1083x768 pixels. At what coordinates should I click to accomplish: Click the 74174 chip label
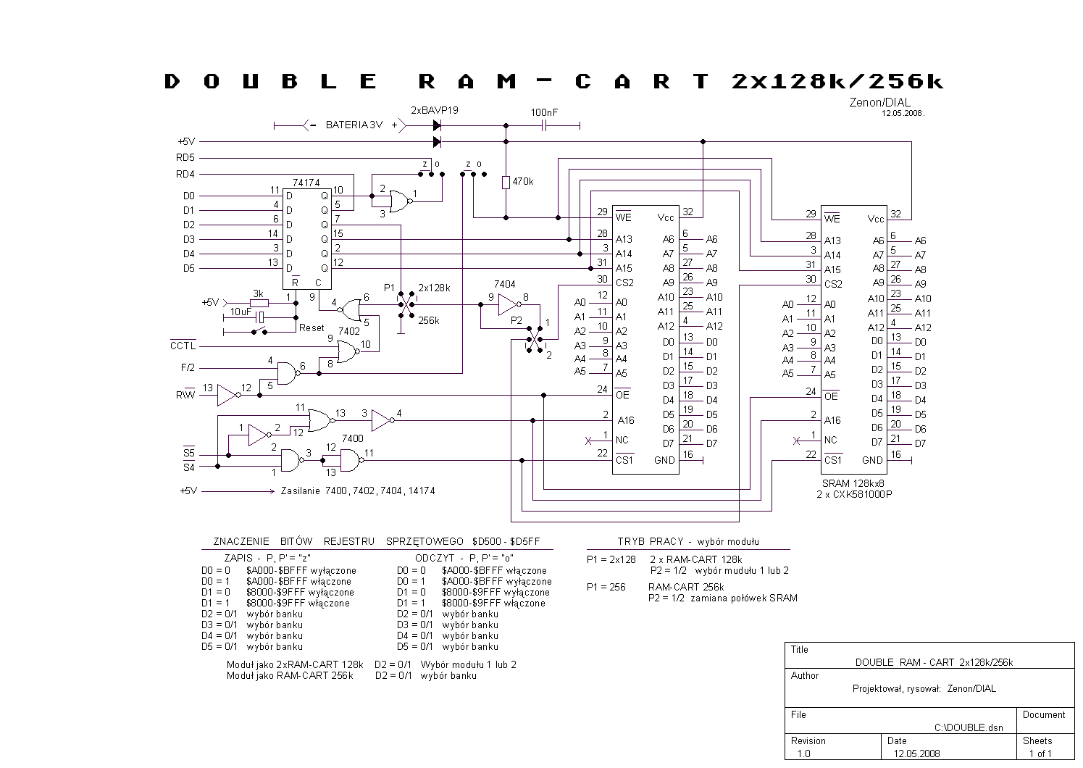(306, 183)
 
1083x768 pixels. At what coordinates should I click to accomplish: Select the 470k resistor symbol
(506, 183)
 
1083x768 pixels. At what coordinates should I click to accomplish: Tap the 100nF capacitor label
(544, 112)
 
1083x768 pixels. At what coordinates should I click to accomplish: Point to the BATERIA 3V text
(354, 125)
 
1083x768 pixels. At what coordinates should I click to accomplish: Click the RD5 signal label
(185, 158)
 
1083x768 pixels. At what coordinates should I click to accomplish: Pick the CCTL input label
(183, 346)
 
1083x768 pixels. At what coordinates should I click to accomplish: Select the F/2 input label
(188, 367)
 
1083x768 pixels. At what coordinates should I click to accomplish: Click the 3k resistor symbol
(259, 304)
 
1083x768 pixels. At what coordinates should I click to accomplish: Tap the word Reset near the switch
(311, 328)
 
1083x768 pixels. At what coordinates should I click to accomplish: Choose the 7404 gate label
(504, 284)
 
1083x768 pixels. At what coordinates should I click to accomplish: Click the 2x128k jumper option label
(434, 288)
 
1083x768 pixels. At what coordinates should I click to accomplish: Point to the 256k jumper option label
(428, 320)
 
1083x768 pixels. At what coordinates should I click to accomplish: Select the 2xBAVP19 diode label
(434, 110)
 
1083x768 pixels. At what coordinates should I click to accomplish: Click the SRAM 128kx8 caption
(853, 483)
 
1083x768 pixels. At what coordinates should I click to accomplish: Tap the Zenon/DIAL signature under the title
(880, 103)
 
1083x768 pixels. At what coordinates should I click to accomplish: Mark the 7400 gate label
(353, 438)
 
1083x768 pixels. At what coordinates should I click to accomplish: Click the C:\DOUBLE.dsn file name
(969, 727)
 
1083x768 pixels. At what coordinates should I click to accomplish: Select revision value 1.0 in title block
(803, 754)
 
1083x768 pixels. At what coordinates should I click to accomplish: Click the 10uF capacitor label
(241, 312)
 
